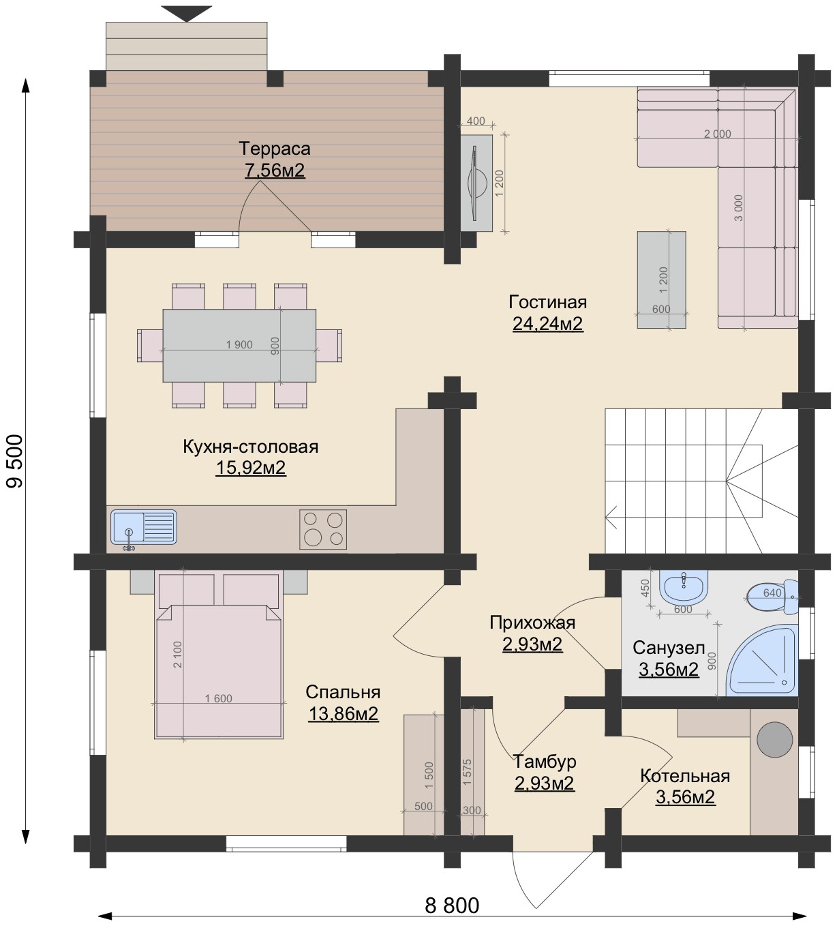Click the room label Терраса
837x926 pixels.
click(x=275, y=149)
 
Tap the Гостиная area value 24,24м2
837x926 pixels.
click(x=548, y=324)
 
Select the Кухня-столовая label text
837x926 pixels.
click(x=251, y=447)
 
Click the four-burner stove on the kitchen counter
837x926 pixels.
click(x=323, y=529)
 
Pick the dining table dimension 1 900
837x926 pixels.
click(x=239, y=344)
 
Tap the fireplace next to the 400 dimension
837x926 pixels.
click(x=476, y=183)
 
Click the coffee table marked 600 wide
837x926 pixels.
click(x=661, y=280)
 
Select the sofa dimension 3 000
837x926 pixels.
click(x=739, y=208)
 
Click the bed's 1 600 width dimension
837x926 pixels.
click(x=219, y=698)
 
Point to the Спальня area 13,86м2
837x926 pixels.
click(x=344, y=714)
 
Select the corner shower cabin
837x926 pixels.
click(x=762, y=660)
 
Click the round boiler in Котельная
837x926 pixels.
click(x=775, y=739)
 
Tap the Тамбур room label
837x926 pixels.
click(x=545, y=762)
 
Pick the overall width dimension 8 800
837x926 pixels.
click(x=452, y=905)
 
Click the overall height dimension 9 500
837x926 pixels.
click(x=15, y=461)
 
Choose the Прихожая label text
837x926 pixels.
click(x=532, y=623)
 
